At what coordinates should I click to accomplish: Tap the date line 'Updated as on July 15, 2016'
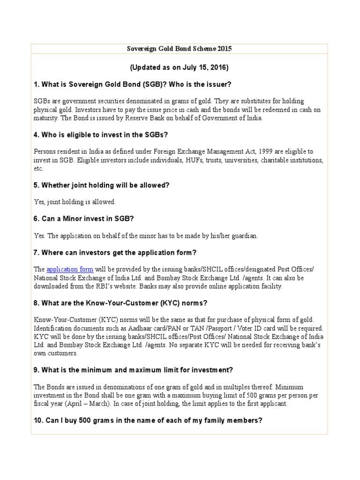(x=179, y=67)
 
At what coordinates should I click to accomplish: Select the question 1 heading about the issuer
(x=133, y=84)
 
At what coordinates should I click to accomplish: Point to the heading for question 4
(x=101, y=135)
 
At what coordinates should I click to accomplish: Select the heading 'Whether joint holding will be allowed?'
(x=101, y=185)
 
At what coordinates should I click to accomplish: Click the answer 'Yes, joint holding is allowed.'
(x=75, y=202)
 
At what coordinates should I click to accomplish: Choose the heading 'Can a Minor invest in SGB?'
(x=84, y=219)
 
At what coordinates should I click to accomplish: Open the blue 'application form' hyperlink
(x=70, y=269)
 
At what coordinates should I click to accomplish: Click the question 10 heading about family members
(x=148, y=420)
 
